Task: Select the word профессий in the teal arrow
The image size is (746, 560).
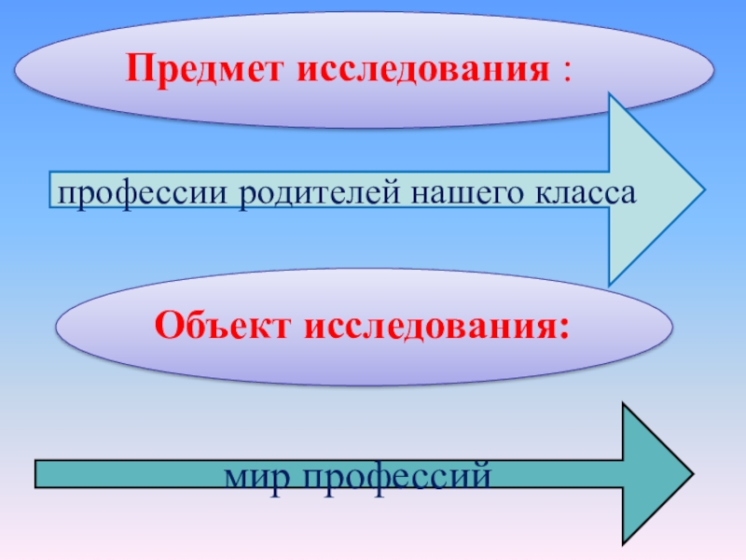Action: (x=392, y=477)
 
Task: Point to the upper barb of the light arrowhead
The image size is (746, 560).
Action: (x=611, y=96)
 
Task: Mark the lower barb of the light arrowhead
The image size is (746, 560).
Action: (x=611, y=283)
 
